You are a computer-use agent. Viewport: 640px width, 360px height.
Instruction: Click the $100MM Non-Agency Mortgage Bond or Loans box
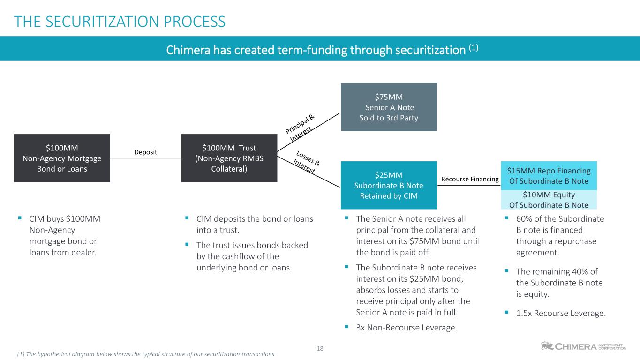62,158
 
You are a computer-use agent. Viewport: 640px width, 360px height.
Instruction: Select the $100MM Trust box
229,158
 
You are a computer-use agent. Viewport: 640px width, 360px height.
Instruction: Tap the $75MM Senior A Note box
389,107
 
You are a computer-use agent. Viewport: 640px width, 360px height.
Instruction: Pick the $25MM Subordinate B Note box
389,185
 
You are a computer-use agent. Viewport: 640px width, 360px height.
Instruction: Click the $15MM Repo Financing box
549,176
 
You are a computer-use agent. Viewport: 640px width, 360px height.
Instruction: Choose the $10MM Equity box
549,200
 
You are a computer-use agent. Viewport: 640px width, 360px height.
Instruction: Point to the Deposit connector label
145,152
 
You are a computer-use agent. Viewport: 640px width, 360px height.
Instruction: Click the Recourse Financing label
470,179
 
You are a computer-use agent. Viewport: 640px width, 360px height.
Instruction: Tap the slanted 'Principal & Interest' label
300,128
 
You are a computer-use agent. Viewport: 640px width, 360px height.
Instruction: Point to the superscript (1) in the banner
474,47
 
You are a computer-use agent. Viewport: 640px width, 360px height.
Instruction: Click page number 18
320,348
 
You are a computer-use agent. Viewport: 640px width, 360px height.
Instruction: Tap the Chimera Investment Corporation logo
583,346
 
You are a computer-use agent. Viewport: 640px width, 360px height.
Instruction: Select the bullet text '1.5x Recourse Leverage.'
561,313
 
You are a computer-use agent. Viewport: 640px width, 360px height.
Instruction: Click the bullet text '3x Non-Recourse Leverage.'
407,328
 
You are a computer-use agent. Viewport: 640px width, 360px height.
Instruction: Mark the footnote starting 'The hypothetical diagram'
146,354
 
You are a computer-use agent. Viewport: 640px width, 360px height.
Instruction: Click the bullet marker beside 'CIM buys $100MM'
20,218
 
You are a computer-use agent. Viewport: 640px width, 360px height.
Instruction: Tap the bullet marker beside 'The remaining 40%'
506,270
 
